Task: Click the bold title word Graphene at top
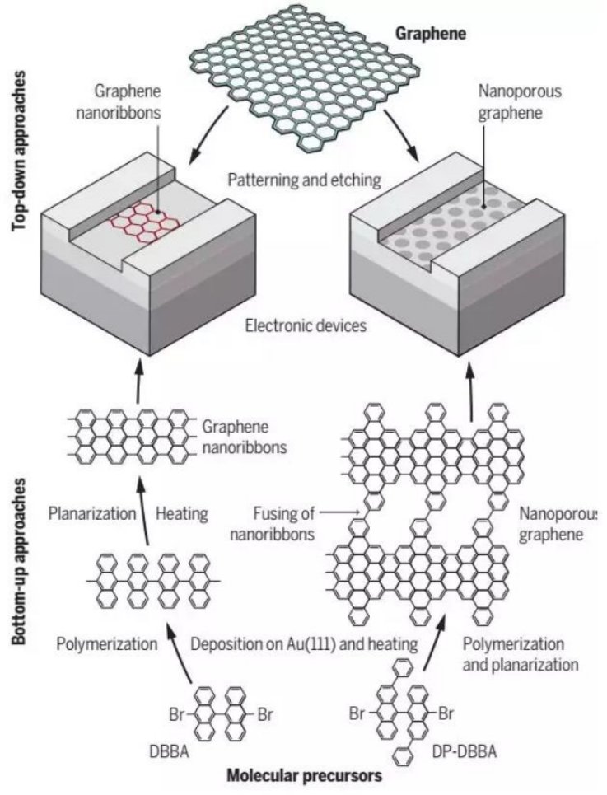click(431, 34)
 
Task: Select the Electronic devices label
click(306, 325)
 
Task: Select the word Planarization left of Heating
click(91, 514)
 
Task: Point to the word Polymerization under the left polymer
click(106, 644)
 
